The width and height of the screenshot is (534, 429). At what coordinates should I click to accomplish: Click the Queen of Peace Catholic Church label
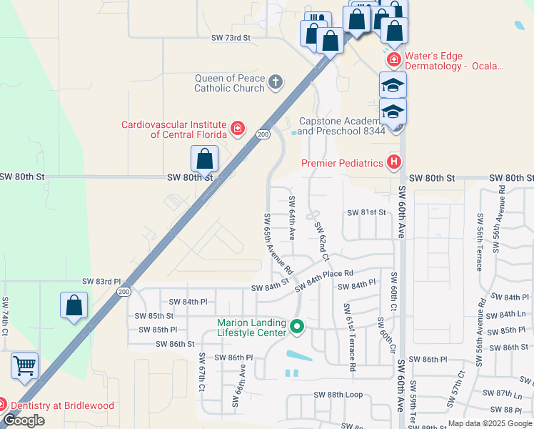[229, 84]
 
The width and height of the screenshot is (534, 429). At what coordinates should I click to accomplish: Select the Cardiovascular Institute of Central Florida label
[173, 129]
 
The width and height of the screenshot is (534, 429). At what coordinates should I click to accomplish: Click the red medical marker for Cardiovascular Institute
[238, 129]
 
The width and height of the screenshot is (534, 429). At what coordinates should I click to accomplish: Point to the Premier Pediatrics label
[342, 163]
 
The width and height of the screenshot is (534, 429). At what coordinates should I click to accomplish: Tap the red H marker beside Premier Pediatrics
[393, 163]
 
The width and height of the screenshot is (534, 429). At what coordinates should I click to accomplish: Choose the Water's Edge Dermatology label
[454, 61]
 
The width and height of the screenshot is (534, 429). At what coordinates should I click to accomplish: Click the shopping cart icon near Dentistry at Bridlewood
[24, 366]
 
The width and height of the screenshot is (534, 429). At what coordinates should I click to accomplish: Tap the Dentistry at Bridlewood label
[61, 406]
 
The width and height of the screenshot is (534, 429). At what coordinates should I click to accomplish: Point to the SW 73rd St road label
[231, 37]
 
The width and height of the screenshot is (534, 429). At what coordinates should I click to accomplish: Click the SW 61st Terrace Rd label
[350, 337]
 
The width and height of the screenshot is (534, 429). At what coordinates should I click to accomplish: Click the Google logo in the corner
[24, 420]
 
